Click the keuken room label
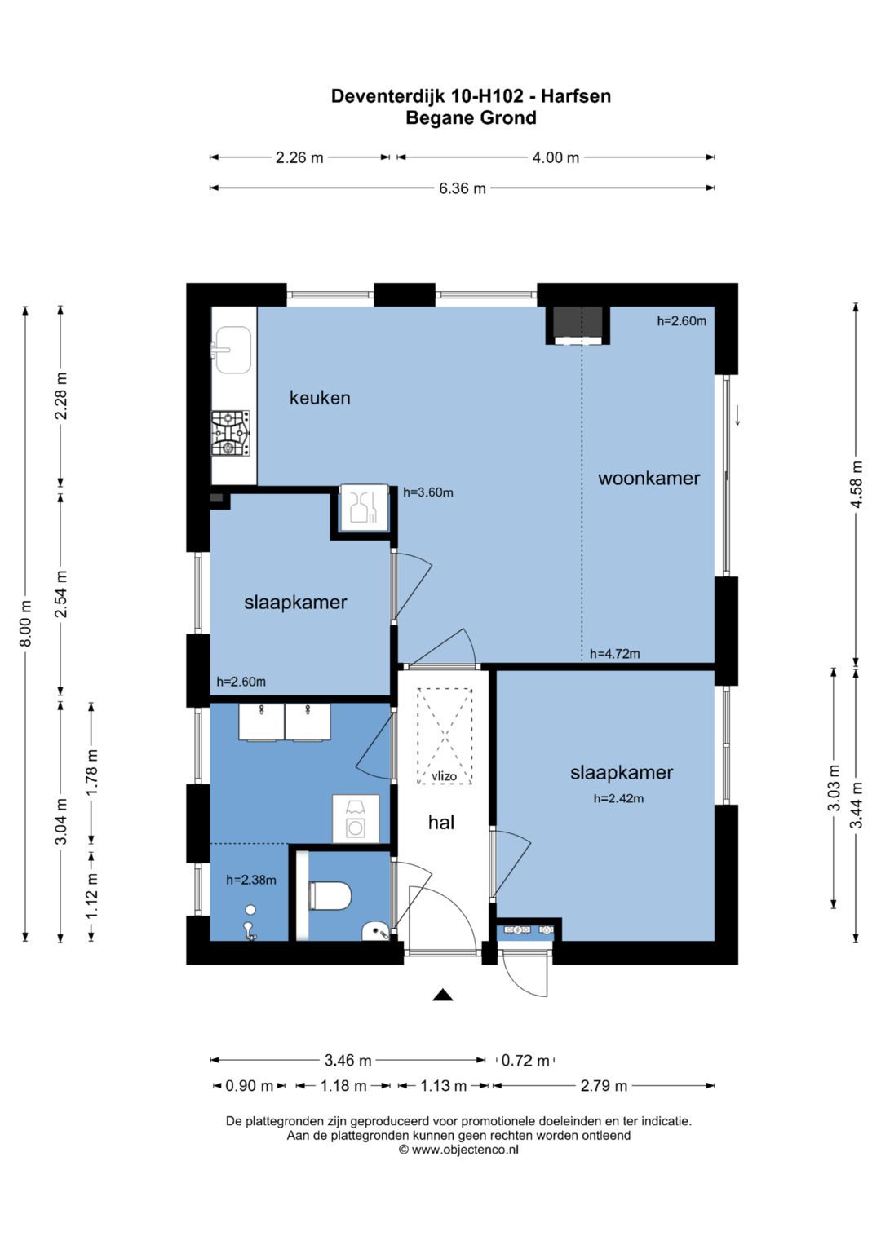320,398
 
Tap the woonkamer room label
649,479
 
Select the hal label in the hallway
441,823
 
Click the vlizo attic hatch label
445,776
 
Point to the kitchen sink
233,350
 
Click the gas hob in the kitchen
231,434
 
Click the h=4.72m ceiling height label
614,654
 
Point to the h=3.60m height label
428,492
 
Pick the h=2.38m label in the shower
251,881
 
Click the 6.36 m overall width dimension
463,188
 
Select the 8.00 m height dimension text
25,624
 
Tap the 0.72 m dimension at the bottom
525,1061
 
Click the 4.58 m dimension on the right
857,484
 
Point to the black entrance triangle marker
443,995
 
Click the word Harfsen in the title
576,96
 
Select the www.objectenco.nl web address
465,1150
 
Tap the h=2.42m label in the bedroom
618,799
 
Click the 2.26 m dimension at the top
299,158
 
